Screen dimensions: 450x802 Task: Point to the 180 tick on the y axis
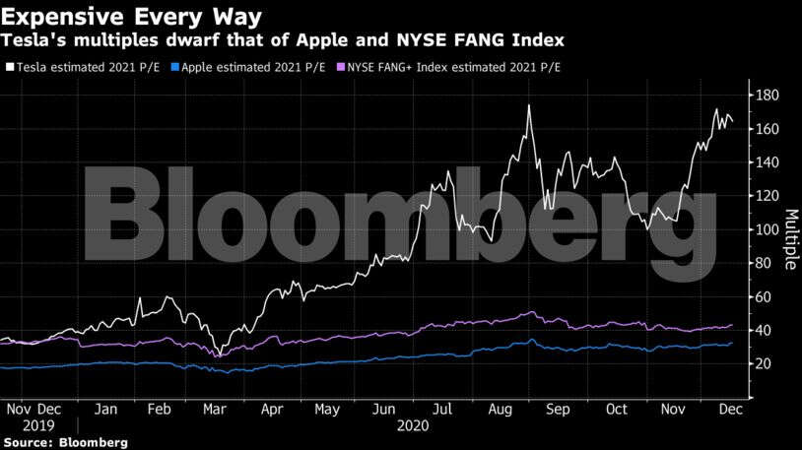[x=769, y=96]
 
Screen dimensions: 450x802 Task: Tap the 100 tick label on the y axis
[x=769, y=229]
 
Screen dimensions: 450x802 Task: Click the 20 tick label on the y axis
[x=765, y=364]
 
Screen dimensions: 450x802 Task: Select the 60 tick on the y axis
[x=765, y=297]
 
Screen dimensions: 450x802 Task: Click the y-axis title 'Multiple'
[x=791, y=237]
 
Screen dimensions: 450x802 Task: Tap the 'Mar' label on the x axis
[x=214, y=408]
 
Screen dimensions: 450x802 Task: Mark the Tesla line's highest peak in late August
[x=530, y=105]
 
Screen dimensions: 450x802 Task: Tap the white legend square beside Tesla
[x=10, y=68]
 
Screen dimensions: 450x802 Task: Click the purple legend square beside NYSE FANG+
[x=341, y=68]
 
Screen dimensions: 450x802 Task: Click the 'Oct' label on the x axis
[x=617, y=408]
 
